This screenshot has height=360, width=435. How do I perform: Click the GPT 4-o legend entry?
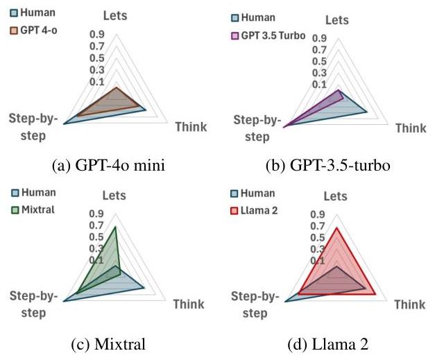(x=33, y=31)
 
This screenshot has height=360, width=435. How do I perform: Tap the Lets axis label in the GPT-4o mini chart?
(x=115, y=15)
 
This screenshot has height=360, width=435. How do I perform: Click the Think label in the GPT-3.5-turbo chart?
(x=410, y=128)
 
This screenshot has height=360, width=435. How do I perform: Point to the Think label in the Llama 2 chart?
(x=409, y=305)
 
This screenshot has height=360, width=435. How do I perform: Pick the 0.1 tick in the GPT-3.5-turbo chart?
(x=318, y=84)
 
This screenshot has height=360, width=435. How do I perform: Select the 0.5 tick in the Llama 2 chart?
(x=316, y=237)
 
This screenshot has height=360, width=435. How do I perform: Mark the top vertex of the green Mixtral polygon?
(x=115, y=227)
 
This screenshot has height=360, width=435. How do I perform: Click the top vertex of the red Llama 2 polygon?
(x=336, y=228)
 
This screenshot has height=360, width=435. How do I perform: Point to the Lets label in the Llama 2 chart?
(x=336, y=197)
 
